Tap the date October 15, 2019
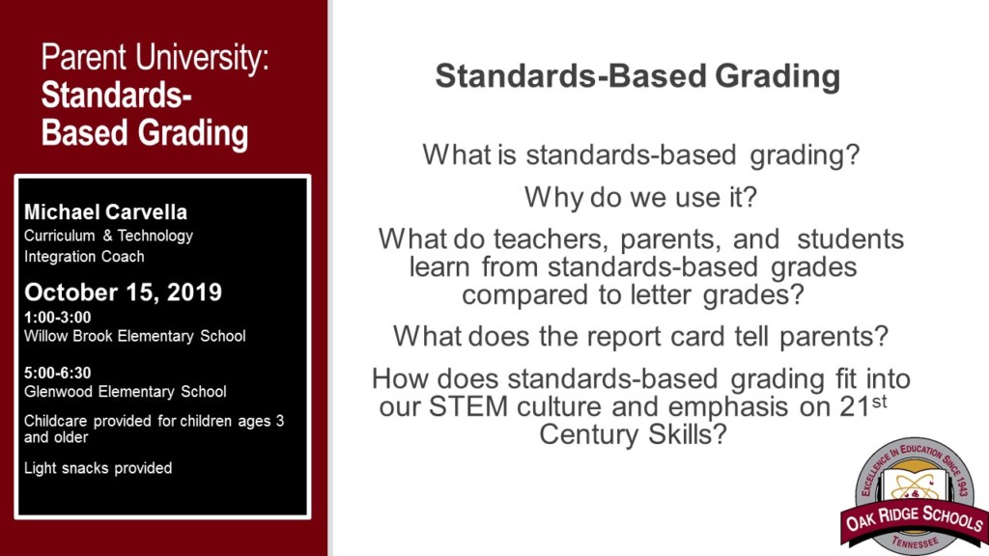(x=123, y=292)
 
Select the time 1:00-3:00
(x=58, y=317)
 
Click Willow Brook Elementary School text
(x=135, y=336)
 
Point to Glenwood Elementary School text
(x=126, y=392)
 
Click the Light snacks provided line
(x=99, y=468)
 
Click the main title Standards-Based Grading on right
(x=637, y=76)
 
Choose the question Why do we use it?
(x=640, y=197)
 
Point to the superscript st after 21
(x=879, y=397)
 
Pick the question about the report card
(x=640, y=337)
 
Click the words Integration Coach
(x=85, y=257)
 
